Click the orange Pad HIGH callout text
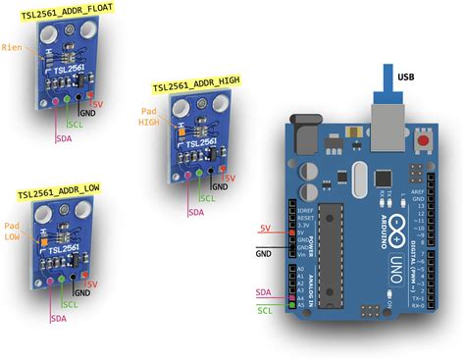[149, 116]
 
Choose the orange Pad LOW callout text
[12, 231]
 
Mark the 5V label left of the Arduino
[265, 229]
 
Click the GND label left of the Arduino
[264, 252]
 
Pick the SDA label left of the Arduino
[264, 292]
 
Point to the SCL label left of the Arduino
[264, 311]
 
